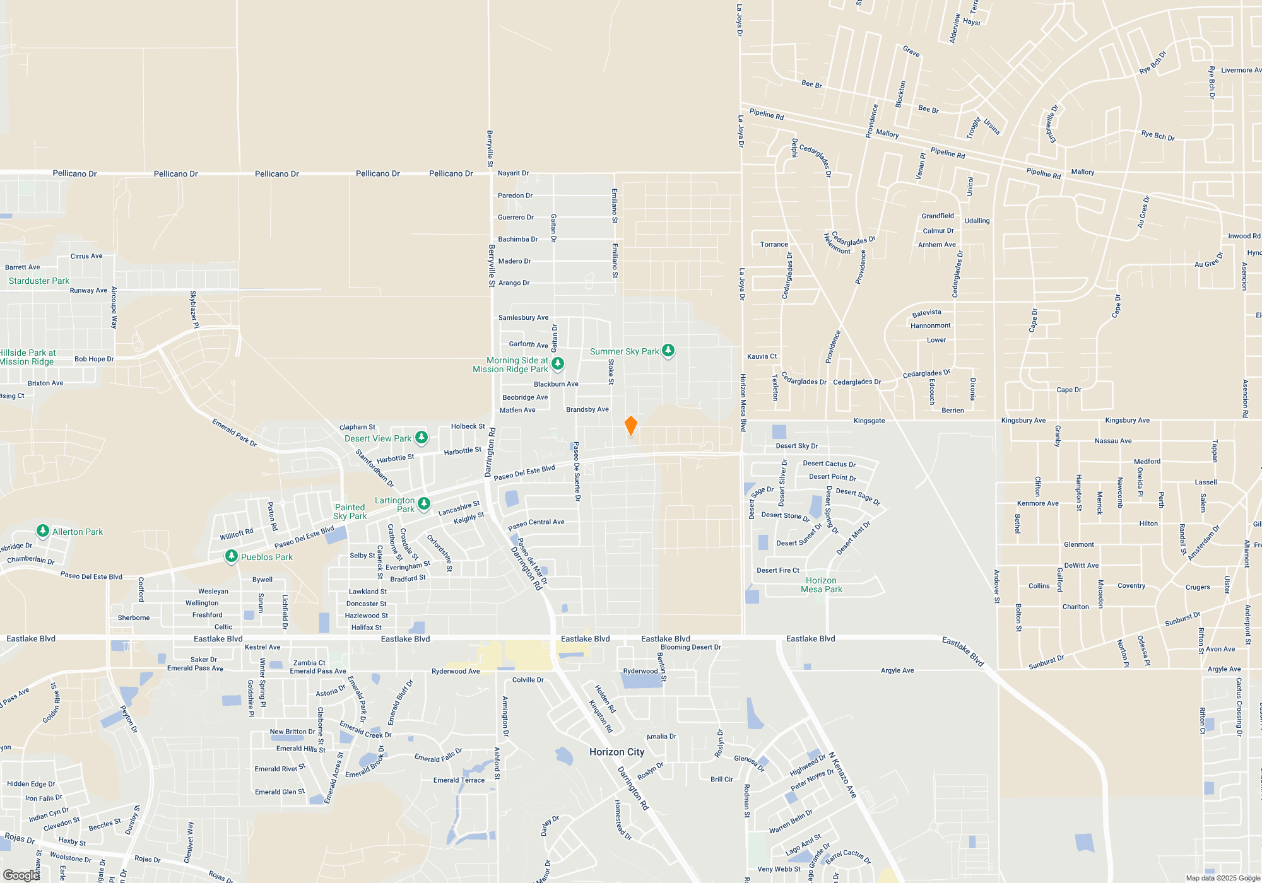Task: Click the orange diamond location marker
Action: [630, 426]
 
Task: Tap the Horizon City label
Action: [616, 752]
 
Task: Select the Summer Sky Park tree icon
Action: [668, 350]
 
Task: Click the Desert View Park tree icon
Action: [422, 437]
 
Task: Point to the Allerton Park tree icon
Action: [43, 530]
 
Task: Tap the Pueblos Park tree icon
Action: [232, 556]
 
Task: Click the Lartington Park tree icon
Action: [424, 503]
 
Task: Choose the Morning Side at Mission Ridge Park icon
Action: [558, 363]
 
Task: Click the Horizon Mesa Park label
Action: [821, 585]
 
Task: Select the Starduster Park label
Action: [39, 281]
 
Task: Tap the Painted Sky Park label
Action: [350, 512]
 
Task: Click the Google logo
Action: [21, 875]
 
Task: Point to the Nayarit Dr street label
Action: [513, 173]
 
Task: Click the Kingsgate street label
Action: [869, 421]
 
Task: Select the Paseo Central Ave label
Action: [536, 523]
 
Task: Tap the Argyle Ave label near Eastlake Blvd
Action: [897, 670]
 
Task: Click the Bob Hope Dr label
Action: [94, 359]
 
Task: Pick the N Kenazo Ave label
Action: [842, 775]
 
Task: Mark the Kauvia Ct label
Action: [762, 356]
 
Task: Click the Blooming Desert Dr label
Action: [690, 647]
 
